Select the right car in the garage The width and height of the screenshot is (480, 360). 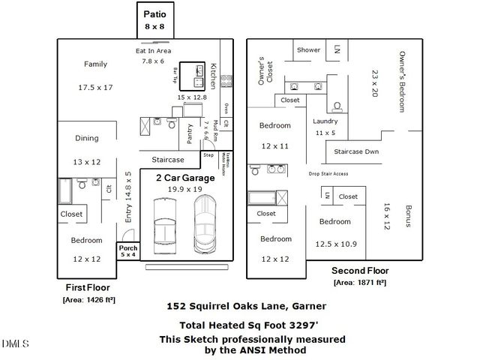tap(205, 223)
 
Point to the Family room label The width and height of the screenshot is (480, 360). tap(95, 64)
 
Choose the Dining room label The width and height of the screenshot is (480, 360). tap(86, 138)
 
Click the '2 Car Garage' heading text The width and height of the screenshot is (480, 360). tap(184, 178)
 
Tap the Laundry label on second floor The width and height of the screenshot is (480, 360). tap(325, 121)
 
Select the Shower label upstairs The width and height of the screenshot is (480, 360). tap(308, 50)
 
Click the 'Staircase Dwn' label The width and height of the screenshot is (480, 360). tap(357, 151)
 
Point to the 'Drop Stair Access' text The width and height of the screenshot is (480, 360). tap(328, 174)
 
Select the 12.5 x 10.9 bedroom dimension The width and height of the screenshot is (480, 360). tap(336, 244)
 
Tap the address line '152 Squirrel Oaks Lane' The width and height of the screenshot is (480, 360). tap(245, 306)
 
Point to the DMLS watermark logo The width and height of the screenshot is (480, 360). tap(15, 343)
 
